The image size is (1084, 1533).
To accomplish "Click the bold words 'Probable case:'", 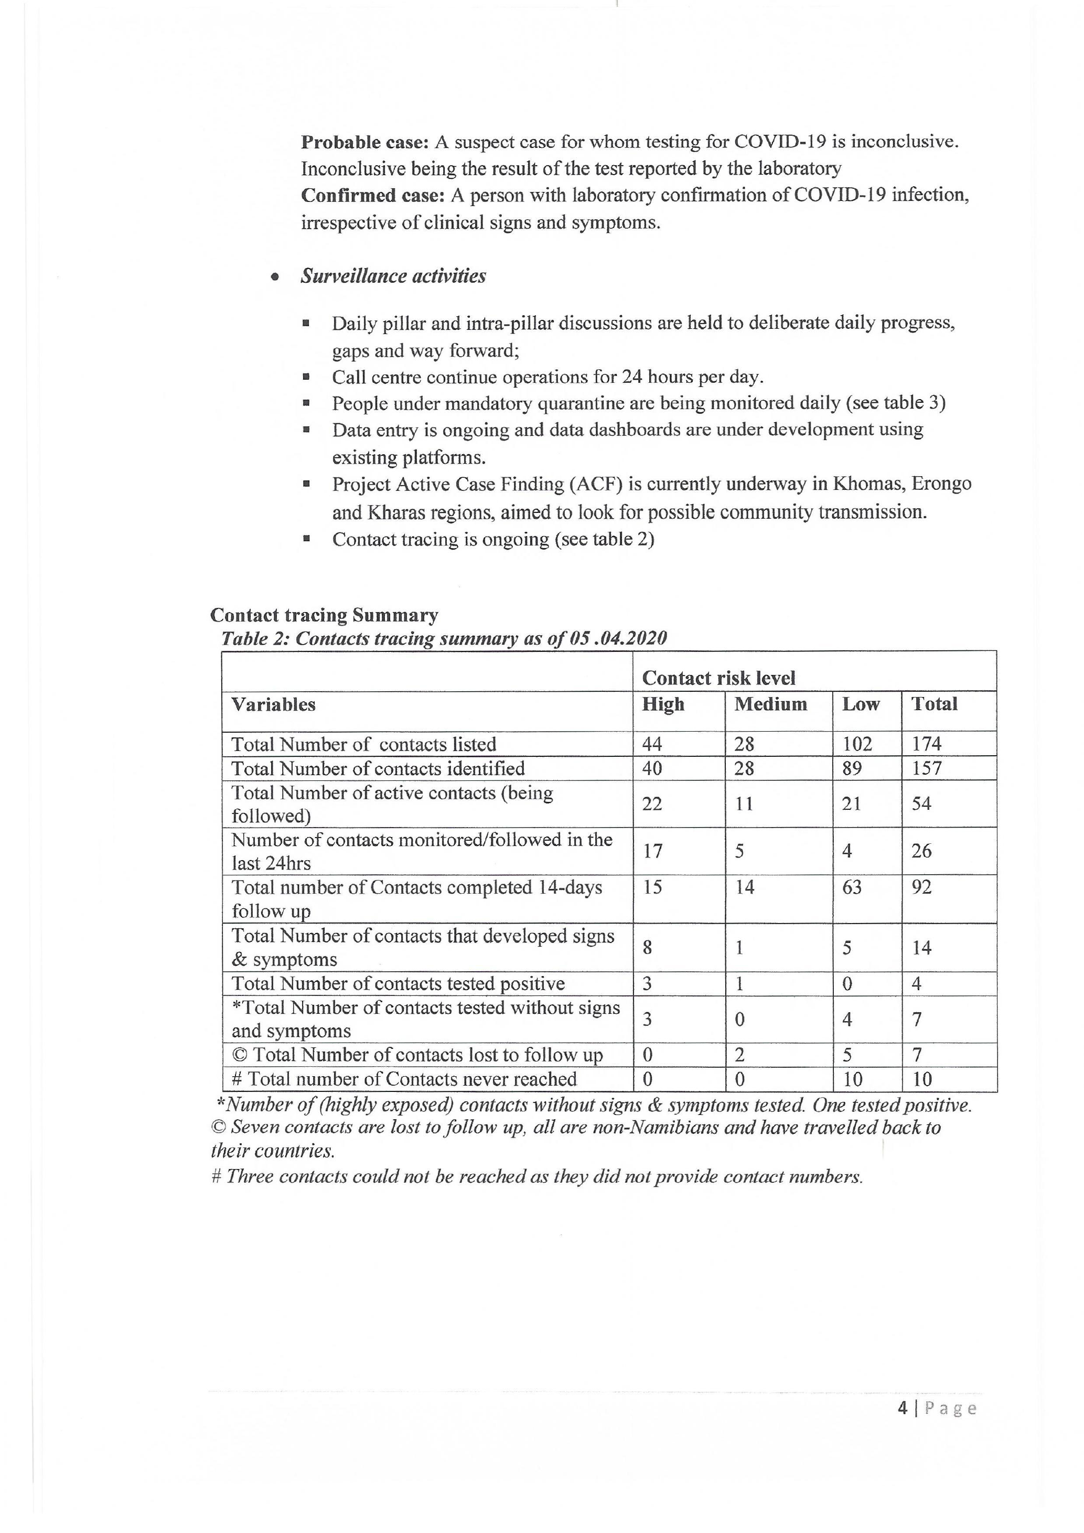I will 364,142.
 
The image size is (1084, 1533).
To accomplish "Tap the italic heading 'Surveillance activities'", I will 393,276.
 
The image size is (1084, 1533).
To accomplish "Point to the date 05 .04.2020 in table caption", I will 618,639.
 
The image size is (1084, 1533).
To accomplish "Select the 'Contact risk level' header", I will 718,678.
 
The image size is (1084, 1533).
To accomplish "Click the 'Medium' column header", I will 770,704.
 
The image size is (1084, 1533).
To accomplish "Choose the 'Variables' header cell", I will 273,705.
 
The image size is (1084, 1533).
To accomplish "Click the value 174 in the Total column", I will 927,744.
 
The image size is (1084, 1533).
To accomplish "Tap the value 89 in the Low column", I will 852,768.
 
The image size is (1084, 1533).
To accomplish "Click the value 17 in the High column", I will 652,851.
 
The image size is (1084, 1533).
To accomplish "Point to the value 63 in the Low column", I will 852,887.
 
